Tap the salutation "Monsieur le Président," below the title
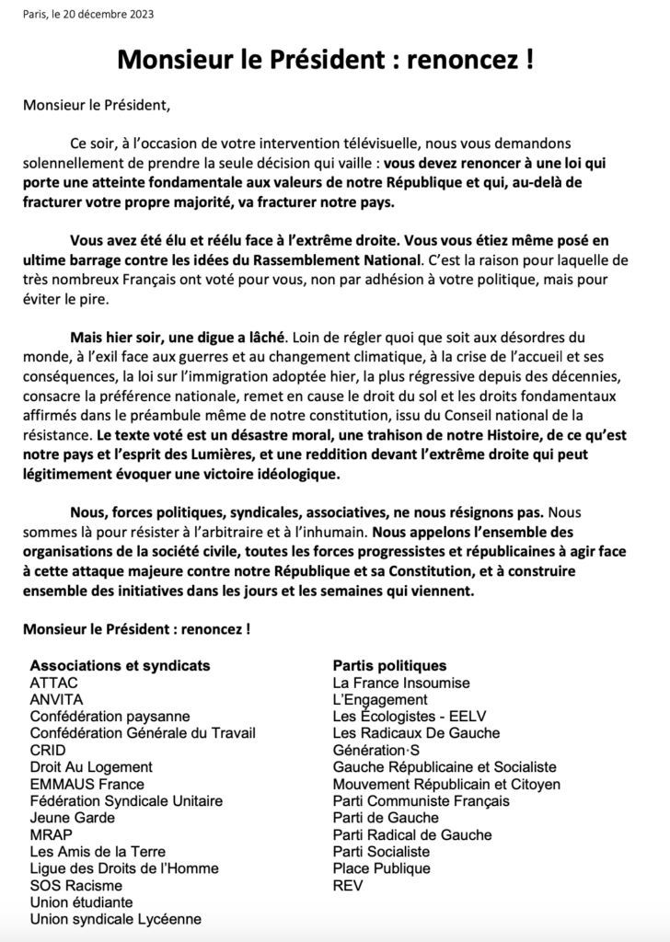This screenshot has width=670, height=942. [97, 104]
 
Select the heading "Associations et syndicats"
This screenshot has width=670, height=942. [120, 665]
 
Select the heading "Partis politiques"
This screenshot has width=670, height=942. [389, 665]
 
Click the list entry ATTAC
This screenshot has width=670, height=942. [54, 683]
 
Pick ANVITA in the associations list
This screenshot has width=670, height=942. [57, 699]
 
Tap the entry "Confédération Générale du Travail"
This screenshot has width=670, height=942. [143, 733]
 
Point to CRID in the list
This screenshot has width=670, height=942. [48, 750]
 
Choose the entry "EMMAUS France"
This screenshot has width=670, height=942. [87, 784]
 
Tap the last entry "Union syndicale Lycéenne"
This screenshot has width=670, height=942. [116, 919]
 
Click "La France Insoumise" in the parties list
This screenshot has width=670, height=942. [401, 683]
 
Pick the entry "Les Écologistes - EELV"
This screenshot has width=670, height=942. [410, 717]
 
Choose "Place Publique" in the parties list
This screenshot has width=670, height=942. [381, 868]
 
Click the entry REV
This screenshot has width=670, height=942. [348, 885]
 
